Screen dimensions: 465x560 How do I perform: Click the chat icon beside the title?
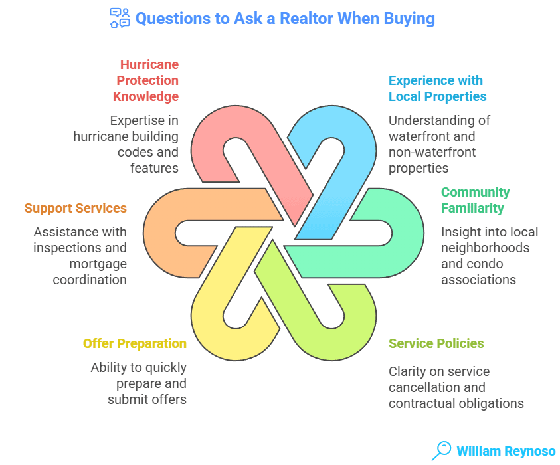(x=119, y=18)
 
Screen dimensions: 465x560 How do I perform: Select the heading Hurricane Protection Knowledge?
(x=146, y=80)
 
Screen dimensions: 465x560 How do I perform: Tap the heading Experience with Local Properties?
(x=437, y=88)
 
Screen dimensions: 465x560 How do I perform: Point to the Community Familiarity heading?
(x=475, y=200)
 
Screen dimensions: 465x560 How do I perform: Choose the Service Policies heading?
(x=436, y=343)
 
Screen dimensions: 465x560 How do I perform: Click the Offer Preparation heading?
(x=134, y=343)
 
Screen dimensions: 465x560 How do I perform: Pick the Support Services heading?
(x=75, y=208)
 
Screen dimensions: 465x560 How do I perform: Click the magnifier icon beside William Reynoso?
(x=440, y=450)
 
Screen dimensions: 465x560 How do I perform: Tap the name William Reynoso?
(x=506, y=451)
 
